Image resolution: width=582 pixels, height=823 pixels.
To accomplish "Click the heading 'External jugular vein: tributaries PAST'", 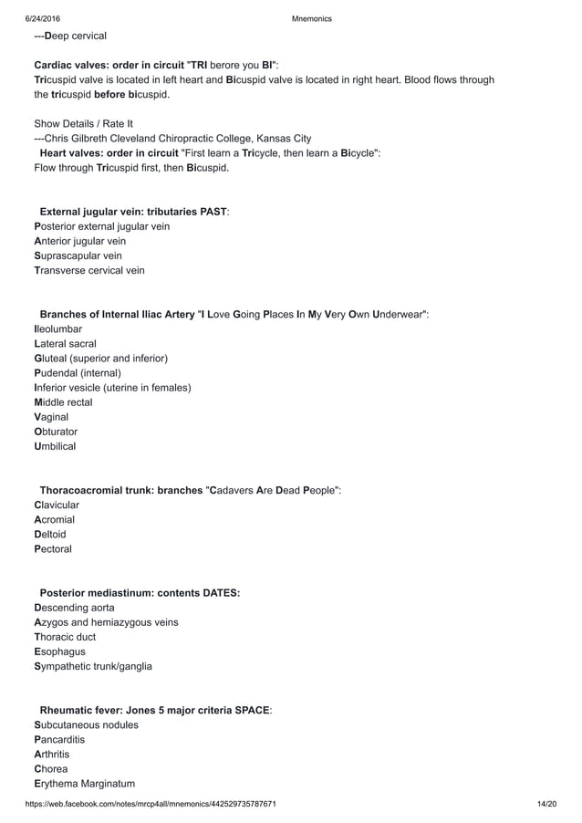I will [x=133, y=212].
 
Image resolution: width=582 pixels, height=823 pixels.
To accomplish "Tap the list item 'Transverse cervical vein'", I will [x=88, y=270].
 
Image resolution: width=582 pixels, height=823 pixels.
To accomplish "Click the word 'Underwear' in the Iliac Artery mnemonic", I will [x=399, y=315].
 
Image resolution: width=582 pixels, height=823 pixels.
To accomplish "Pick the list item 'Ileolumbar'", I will [x=57, y=329].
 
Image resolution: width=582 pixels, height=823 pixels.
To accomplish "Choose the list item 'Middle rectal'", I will [x=63, y=402].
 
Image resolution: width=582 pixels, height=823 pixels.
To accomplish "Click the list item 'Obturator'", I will [x=56, y=432].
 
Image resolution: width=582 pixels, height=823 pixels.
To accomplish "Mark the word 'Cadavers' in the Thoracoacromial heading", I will [x=242, y=491].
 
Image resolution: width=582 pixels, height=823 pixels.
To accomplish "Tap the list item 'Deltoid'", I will [x=50, y=535].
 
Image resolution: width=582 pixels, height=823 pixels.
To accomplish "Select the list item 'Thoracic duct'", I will [x=65, y=637].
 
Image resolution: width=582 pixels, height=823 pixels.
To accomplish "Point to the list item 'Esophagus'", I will [x=59, y=651].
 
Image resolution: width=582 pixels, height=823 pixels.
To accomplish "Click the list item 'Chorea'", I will [x=51, y=769].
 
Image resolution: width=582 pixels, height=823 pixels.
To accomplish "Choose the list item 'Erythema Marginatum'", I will [x=84, y=784].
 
